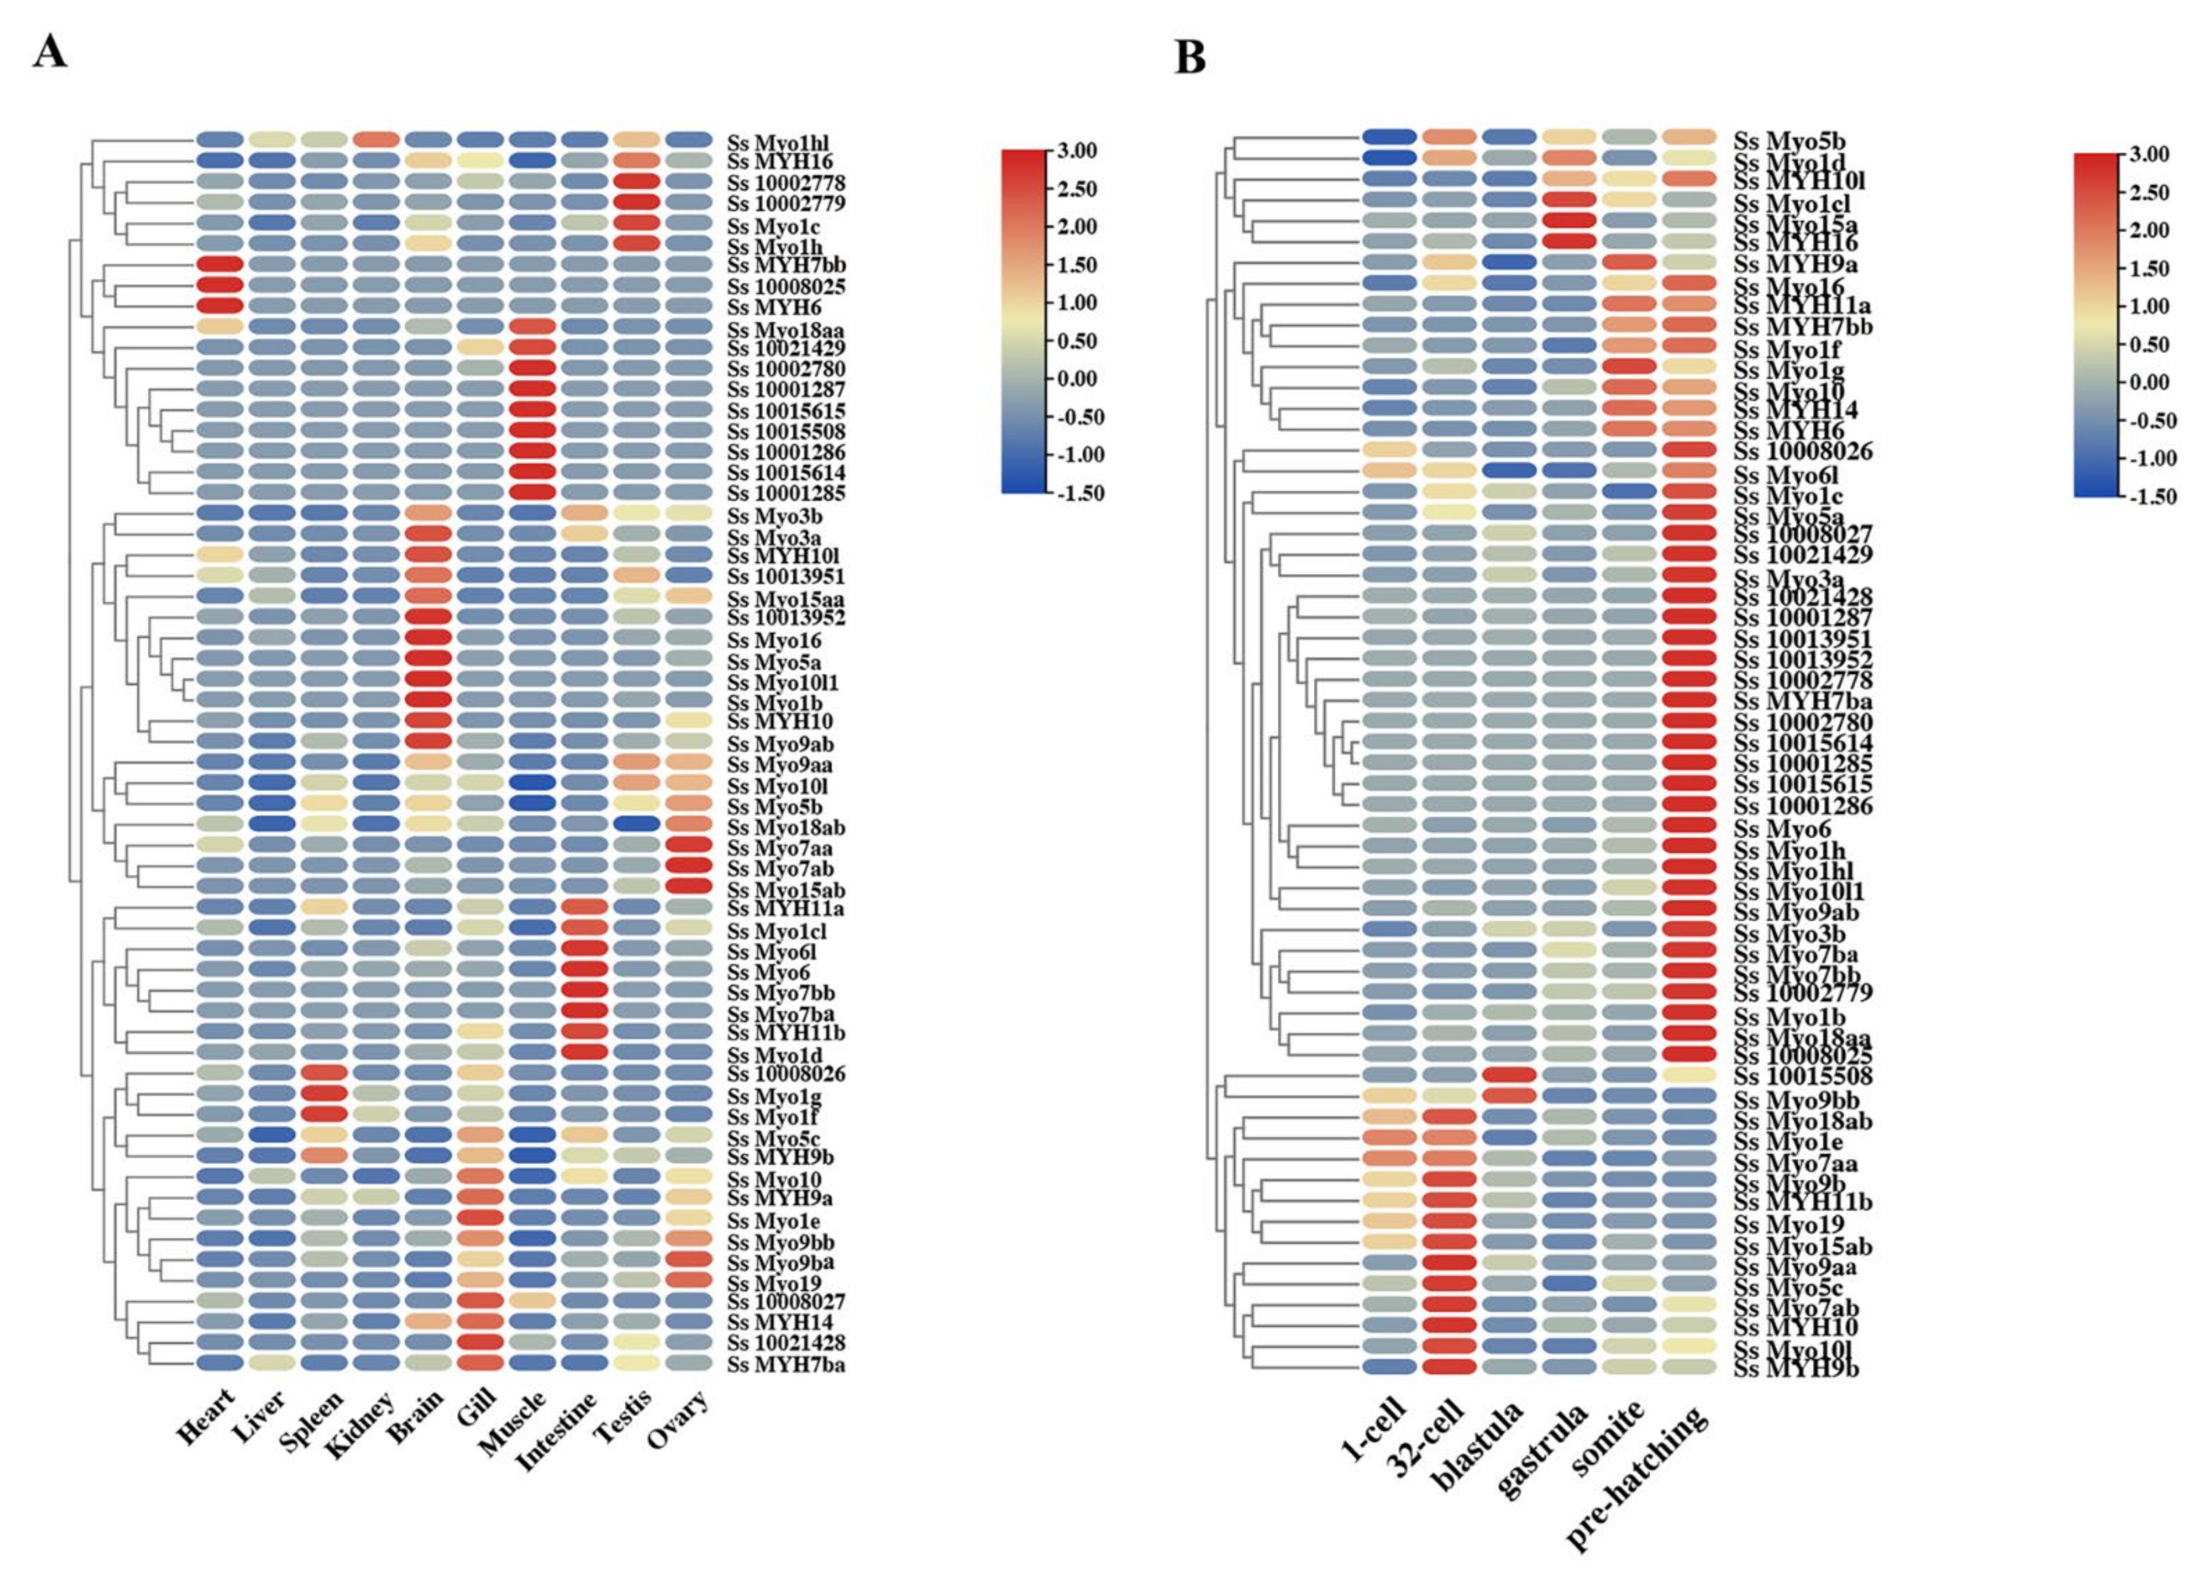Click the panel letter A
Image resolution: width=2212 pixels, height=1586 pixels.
tap(50, 51)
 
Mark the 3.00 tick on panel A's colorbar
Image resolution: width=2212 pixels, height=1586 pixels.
tap(1077, 150)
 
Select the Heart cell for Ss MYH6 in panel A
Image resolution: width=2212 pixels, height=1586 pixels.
tap(219, 306)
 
